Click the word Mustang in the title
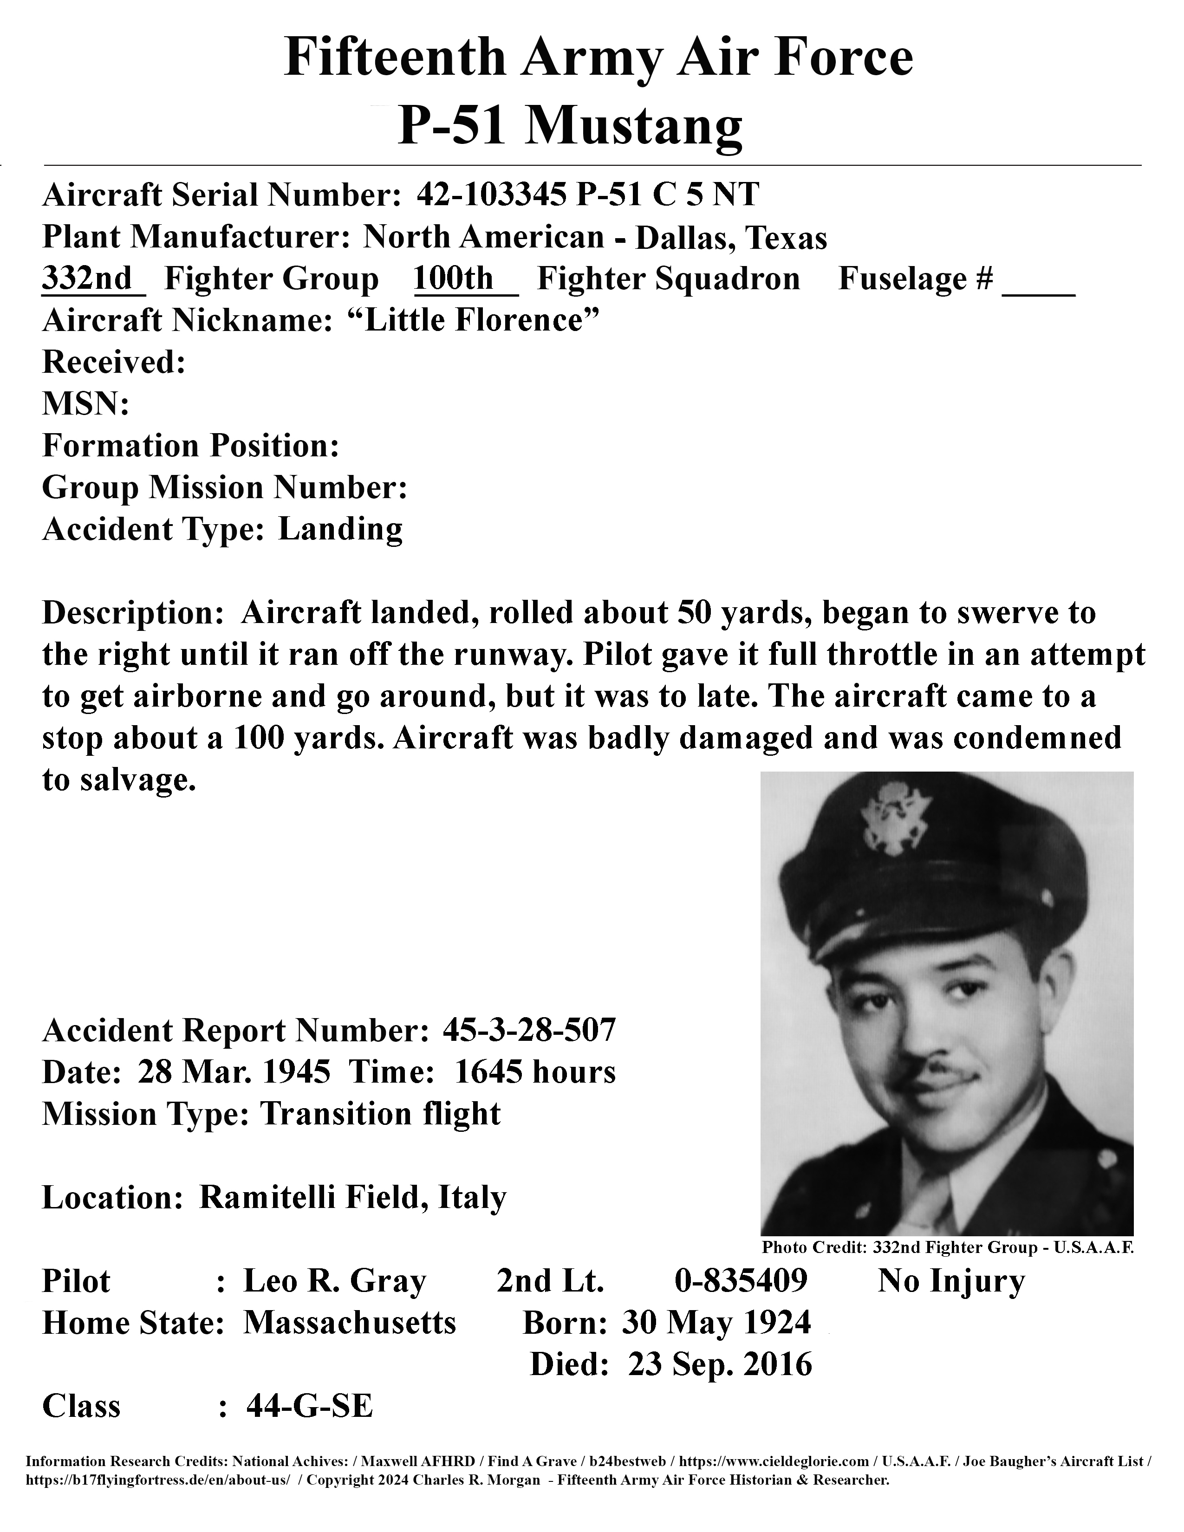click(x=634, y=127)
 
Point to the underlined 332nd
click(x=87, y=279)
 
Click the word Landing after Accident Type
click(x=340, y=530)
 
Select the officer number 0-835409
click(x=741, y=1281)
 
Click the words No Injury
click(x=951, y=1281)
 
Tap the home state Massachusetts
click(x=349, y=1323)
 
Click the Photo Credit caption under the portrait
click(x=947, y=1247)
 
